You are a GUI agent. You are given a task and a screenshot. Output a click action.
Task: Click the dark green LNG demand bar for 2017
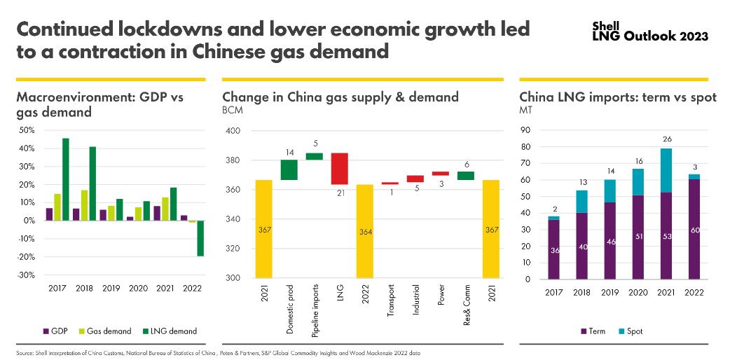coord(65,179)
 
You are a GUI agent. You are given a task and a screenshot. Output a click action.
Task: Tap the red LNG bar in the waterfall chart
coord(340,169)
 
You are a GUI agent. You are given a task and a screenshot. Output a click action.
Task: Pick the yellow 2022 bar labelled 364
coord(365,231)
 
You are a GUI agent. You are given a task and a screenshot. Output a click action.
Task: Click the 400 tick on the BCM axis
coord(233,131)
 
